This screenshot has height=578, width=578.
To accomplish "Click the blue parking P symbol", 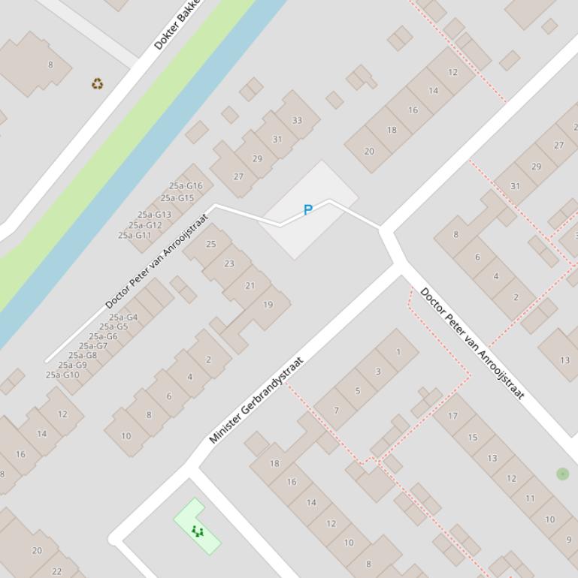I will (x=307, y=210).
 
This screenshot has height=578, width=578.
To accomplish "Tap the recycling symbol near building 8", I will (x=98, y=84).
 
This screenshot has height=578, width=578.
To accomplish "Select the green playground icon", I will (x=198, y=531).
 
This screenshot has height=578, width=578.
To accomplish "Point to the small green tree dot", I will (x=562, y=474).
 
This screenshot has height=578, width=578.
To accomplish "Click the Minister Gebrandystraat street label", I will (x=256, y=400).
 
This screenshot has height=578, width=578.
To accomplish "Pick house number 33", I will (x=297, y=120).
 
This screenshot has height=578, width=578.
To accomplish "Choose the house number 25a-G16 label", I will (x=186, y=186).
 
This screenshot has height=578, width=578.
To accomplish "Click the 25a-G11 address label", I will (x=135, y=235).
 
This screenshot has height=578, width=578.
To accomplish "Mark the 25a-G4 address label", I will (x=123, y=318).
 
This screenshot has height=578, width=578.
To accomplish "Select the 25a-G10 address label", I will (x=62, y=375).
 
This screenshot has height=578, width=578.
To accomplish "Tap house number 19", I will (x=268, y=305).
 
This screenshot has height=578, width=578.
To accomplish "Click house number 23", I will (x=229, y=263).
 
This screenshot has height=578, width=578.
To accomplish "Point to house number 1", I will (x=398, y=351).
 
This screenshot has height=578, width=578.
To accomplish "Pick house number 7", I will (x=336, y=411).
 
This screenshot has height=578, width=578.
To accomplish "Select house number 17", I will (x=452, y=416).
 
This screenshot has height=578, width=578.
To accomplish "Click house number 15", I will (x=472, y=437).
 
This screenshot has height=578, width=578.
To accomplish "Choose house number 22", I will (x=56, y=571).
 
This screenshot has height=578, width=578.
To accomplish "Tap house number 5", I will (x=357, y=390).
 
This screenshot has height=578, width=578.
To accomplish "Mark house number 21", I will (x=250, y=285).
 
